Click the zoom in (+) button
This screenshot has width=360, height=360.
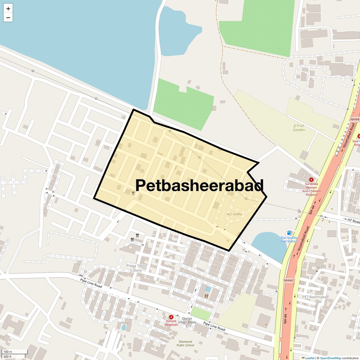coord(8,9)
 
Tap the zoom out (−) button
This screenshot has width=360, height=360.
coord(8,18)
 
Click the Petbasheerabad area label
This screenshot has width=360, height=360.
coord(199,185)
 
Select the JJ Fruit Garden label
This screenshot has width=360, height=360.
coord(299,128)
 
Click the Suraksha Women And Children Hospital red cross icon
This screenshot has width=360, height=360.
coord(311,180)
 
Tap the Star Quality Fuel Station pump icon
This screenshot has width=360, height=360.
coord(289,232)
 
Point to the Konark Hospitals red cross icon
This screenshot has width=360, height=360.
coord(171,317)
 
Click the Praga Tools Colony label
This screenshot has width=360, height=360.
coord(136,268)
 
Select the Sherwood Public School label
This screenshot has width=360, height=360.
coord(185,343)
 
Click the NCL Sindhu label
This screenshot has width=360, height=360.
coord(234,214)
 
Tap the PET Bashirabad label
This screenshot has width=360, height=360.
coord(315,297)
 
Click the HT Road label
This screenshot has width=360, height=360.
coord(353,221)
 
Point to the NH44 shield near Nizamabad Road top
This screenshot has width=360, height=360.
coord(355,119)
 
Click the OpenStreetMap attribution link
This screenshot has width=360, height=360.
coord(330,358)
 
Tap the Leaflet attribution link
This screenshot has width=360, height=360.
coord(310,358)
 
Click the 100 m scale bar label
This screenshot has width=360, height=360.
coord(8,352)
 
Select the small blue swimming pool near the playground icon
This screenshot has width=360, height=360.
coord(208,289)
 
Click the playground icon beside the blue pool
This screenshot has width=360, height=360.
coord(206,296)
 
